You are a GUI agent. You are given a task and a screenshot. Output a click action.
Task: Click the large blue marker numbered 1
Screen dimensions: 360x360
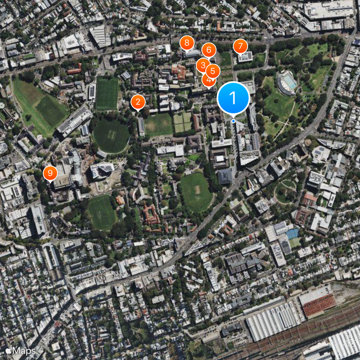pyautogui.click(x=233, y=97)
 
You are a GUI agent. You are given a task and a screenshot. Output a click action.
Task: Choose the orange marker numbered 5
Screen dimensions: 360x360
pyautogui.click(x=213, y=71)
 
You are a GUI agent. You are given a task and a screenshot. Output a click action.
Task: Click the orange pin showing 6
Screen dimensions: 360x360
pyautogui.click(x=208, y=50)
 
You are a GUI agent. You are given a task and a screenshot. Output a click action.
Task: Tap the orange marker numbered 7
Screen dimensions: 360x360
pyautogui.click(x=240, y=46)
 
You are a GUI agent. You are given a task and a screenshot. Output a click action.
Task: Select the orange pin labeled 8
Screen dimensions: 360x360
pyautogui.click(x=187, y=44)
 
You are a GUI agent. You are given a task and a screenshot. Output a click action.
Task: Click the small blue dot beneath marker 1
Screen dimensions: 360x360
pyautogui.click(x=233, y=121)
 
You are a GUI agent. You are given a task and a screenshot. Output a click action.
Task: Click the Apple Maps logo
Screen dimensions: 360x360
pyautogui.click(x=21, y=351)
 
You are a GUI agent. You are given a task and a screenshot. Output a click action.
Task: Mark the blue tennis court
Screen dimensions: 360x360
pyautogui.click(x=292, y=234)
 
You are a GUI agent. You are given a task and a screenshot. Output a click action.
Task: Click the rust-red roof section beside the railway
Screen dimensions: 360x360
pyautogui.click(x=318, y=305)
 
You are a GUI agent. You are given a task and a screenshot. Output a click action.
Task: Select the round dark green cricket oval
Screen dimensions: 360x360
pyautogui.click(x=111, y=135)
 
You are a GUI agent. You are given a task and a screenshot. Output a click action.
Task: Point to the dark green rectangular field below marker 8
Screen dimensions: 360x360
pyautogui.click(x=107, y=94)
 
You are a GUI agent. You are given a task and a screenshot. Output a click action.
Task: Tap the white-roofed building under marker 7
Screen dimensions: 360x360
pyautogui.click(x=245, y=57)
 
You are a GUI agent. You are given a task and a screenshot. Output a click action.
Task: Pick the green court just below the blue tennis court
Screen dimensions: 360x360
pyautogui.click(x=295, y=243)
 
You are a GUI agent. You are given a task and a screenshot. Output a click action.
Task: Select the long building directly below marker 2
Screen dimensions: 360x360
pyautogui.click(x=141, y=126)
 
